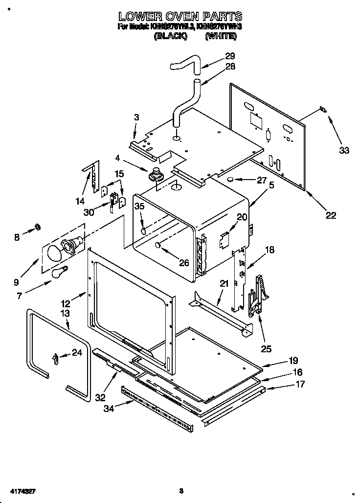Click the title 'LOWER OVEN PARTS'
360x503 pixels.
pos(180,17)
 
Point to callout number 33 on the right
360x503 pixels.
pos(344,150)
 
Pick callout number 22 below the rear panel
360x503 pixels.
pos(330,215)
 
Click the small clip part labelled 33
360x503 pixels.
pos(322,110)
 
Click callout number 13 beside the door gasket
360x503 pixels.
pos(65,314)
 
